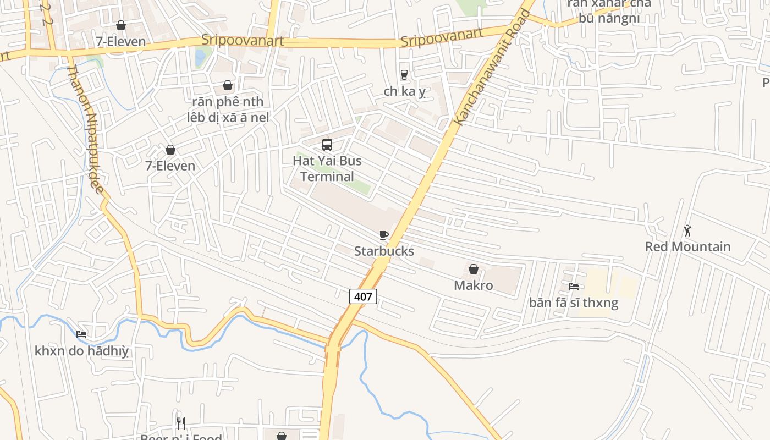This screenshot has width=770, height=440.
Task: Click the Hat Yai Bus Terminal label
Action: [x=327, y=168]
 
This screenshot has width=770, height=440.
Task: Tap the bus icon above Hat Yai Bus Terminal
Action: [x=327, y=145]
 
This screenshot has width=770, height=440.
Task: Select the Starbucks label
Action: [x=384, y=251]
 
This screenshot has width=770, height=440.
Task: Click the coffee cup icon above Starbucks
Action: [x=384, y=235]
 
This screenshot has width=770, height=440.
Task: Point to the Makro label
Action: [x=473, y=285]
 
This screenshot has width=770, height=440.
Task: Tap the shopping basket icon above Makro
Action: [x=473, y=269]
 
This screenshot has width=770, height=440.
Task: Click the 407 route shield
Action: [x=363, y=297]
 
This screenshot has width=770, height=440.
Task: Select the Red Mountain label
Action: [x=687, y=246]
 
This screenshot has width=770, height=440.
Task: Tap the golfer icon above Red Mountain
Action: [x=687, y=230]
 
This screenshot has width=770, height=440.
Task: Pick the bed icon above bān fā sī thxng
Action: [x=574, y=287]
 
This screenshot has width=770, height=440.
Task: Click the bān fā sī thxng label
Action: [x=574, y=302]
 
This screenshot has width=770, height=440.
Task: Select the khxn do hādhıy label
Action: [x=81, y=351]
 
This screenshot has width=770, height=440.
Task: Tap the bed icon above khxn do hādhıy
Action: [x=81, y=334]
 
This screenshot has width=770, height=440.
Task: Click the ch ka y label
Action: [x=405, y=91]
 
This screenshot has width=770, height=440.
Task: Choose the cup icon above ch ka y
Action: [x=404, y=75]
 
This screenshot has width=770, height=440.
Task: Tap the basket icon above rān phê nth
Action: [x=228, y=86]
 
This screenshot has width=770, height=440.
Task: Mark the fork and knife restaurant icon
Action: [x=181, y=423]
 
